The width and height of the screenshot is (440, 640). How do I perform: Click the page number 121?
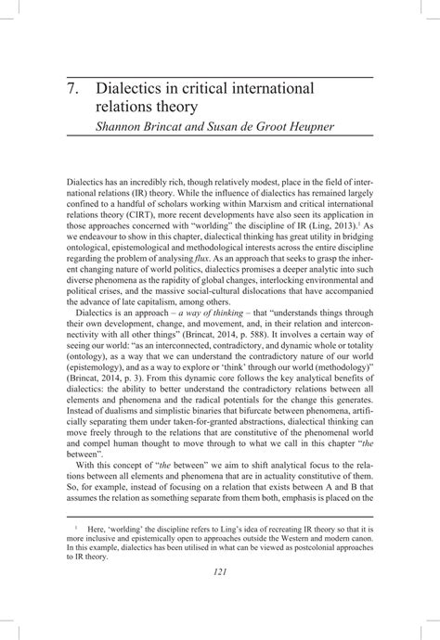tap(220, 596)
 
